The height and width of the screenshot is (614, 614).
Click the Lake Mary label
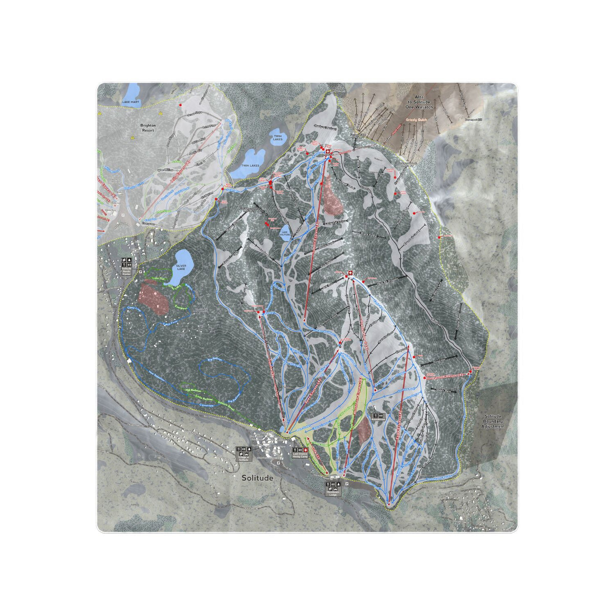(x=130, y=102)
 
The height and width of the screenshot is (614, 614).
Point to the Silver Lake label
(x=182, y=268)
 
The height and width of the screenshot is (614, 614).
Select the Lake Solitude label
(x=285, y=233)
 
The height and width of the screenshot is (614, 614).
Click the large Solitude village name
(x=258, y=478)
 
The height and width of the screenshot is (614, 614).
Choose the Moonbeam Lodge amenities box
(x=333, y=487)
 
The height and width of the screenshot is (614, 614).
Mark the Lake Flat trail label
(x=159, y=279)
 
